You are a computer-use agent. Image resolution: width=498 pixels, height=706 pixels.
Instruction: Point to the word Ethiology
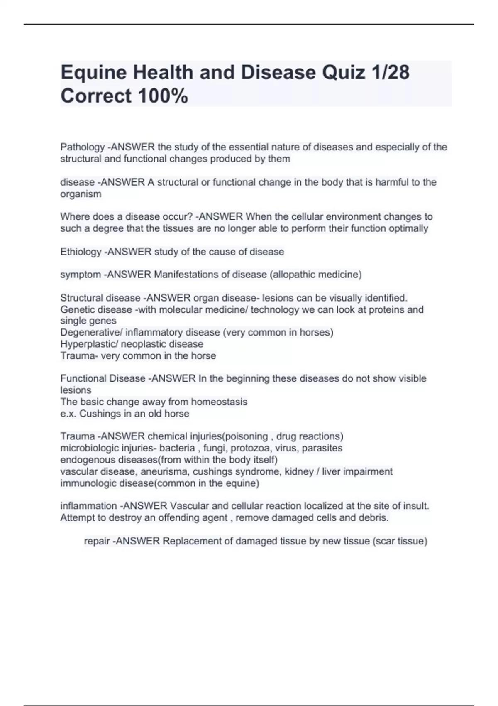(x=81, y=252)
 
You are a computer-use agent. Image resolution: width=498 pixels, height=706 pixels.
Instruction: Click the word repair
(x=97, y=541)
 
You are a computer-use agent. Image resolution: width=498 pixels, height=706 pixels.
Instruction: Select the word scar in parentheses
(x=386, y=541)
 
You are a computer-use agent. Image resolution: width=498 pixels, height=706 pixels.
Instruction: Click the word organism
(x=81, y=194)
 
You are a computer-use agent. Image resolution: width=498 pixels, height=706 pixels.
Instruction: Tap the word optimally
(x=408, y=228)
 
